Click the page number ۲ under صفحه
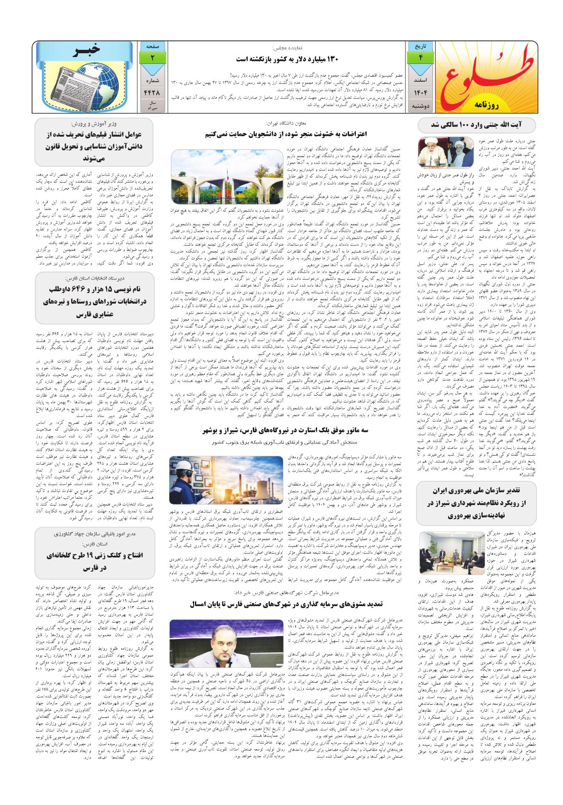pos(152,57)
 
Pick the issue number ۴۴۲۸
pos(152,92)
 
